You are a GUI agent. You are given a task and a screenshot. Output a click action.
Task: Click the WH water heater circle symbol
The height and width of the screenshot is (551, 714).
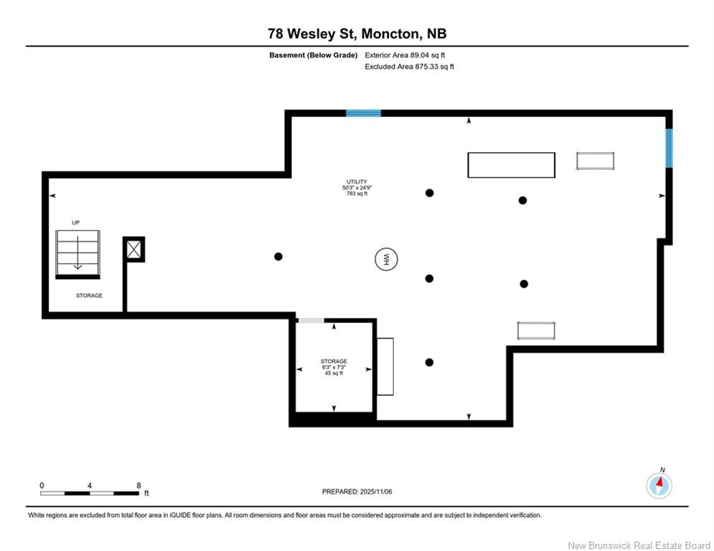pyautogui.click(x=386, y=259)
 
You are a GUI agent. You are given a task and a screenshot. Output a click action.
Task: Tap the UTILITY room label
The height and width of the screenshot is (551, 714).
pyautogui.click(x=357, y=182)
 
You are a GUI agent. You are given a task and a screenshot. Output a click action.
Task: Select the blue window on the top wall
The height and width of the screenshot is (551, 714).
pyautogui.click(x=363, y=113)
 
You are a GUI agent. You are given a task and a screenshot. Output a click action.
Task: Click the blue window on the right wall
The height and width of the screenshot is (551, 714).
pyautogui.click(x=669, y=148)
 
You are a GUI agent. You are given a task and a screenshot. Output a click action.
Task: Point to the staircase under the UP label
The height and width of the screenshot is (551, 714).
pyautogui.click(x=77, y=254)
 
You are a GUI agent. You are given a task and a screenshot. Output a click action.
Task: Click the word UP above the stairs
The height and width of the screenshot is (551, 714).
pyautogui.click(x=75, y=222)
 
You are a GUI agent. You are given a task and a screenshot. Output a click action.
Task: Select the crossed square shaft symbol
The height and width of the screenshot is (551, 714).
pyautogui.click(x=134, y=249)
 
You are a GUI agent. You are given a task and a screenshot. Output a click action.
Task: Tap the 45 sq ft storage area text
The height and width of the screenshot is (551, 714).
pyautogui.click(x=334, y=373)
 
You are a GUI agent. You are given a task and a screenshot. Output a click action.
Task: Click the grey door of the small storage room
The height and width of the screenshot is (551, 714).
pyautogui.click(x=311, y=321)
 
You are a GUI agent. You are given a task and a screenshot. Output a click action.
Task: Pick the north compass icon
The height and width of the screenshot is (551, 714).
pyautogui.click(x=659, y=485)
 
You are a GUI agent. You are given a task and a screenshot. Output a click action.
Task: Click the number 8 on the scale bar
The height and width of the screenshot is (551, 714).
pyautogui.click(x=139, y=486)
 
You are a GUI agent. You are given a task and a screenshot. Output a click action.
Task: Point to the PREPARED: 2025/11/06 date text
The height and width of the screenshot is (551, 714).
pyautogui.click(x=357, y=491)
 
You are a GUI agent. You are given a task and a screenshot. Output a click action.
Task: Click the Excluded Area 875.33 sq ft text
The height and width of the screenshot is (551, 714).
pyautogui.click(x=409, y=67)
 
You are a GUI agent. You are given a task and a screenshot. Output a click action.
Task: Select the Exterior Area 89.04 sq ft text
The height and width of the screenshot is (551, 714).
pyautogui.click(x=405, y=55)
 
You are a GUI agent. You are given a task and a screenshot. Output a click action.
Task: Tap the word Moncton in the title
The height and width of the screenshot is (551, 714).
pyautogui.click(x=390, y=34)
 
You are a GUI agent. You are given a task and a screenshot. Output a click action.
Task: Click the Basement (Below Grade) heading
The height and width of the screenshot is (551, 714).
pyautogui.click(x=314, y=55)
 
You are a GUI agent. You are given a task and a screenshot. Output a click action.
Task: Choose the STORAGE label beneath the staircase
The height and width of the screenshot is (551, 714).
pyautogui.click(x=89, y=296)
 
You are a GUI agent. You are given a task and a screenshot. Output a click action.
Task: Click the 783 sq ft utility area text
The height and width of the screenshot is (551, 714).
pyautogui.click(x=357, y=194)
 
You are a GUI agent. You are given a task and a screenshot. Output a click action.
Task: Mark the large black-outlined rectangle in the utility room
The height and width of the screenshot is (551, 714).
pyautogui.click(x=512, y=165)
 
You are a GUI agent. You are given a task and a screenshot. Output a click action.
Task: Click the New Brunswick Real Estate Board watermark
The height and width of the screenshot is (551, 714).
pyautogui.click(x=639, y=545)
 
